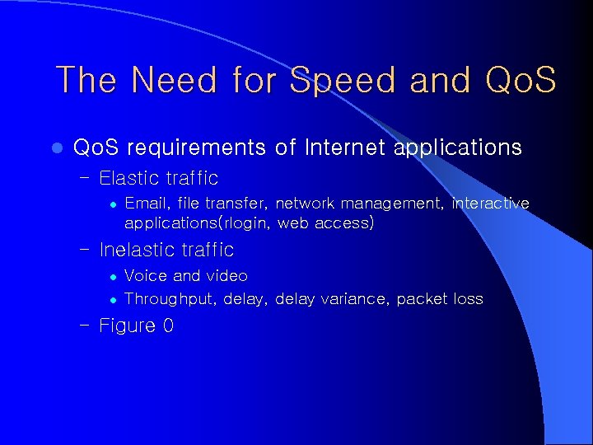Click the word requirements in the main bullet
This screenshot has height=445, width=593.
(x=196, y=148)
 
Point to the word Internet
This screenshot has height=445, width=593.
(x=344, y=148)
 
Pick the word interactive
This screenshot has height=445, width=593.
(x=490, y=203)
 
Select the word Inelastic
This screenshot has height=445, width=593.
(x=138, y=250)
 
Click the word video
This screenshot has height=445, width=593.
(x=226, y=275)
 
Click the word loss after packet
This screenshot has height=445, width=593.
(x=468, y=298)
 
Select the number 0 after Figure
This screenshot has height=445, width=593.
(x=168, y=326)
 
